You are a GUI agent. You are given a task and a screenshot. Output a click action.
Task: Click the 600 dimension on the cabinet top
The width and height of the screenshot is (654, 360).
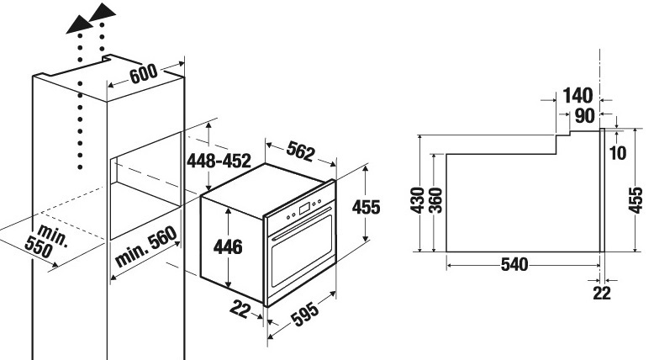click(x=144, y=74)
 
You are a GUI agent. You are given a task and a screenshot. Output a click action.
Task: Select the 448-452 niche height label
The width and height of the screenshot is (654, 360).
click(x=219, y=161)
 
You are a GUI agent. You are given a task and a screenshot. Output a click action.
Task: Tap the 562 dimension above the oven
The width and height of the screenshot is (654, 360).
click(x=300, y=151)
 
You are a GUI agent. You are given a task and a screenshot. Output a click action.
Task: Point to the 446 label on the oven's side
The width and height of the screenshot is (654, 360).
click(x=228, y=246)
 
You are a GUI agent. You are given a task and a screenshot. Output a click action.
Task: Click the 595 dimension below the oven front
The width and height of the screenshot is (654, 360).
click(x=305, y=314)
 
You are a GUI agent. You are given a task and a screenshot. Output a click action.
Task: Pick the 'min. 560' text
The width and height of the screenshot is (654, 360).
click(x=146, y=247)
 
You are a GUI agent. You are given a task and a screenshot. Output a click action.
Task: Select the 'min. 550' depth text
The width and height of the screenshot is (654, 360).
click(x=46, y=241)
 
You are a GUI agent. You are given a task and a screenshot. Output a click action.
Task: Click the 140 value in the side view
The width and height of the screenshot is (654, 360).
click(x=578, y=96)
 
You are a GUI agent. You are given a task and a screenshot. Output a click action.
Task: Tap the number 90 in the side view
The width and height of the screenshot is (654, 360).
click(x=585, y=116)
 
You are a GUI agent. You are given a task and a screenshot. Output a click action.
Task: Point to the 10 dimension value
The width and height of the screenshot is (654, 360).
click(x=618, y=153)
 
